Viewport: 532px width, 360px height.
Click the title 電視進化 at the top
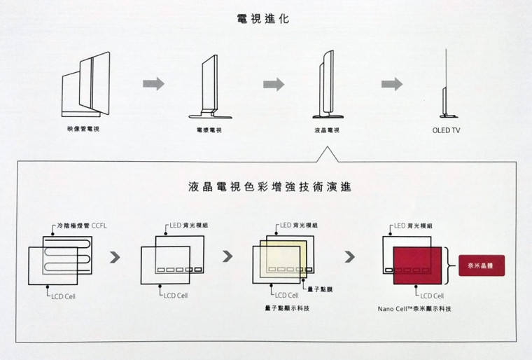point(264,20)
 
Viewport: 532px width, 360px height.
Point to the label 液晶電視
point(323,130)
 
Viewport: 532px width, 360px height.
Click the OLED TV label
point(446,130)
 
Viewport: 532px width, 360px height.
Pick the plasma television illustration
point(205,85)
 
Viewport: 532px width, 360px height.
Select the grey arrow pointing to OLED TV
point(391,84)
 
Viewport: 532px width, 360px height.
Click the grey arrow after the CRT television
point(153,84)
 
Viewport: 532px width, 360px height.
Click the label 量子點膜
point(316,288)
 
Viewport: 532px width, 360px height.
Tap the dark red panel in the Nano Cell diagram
point(417,264)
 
